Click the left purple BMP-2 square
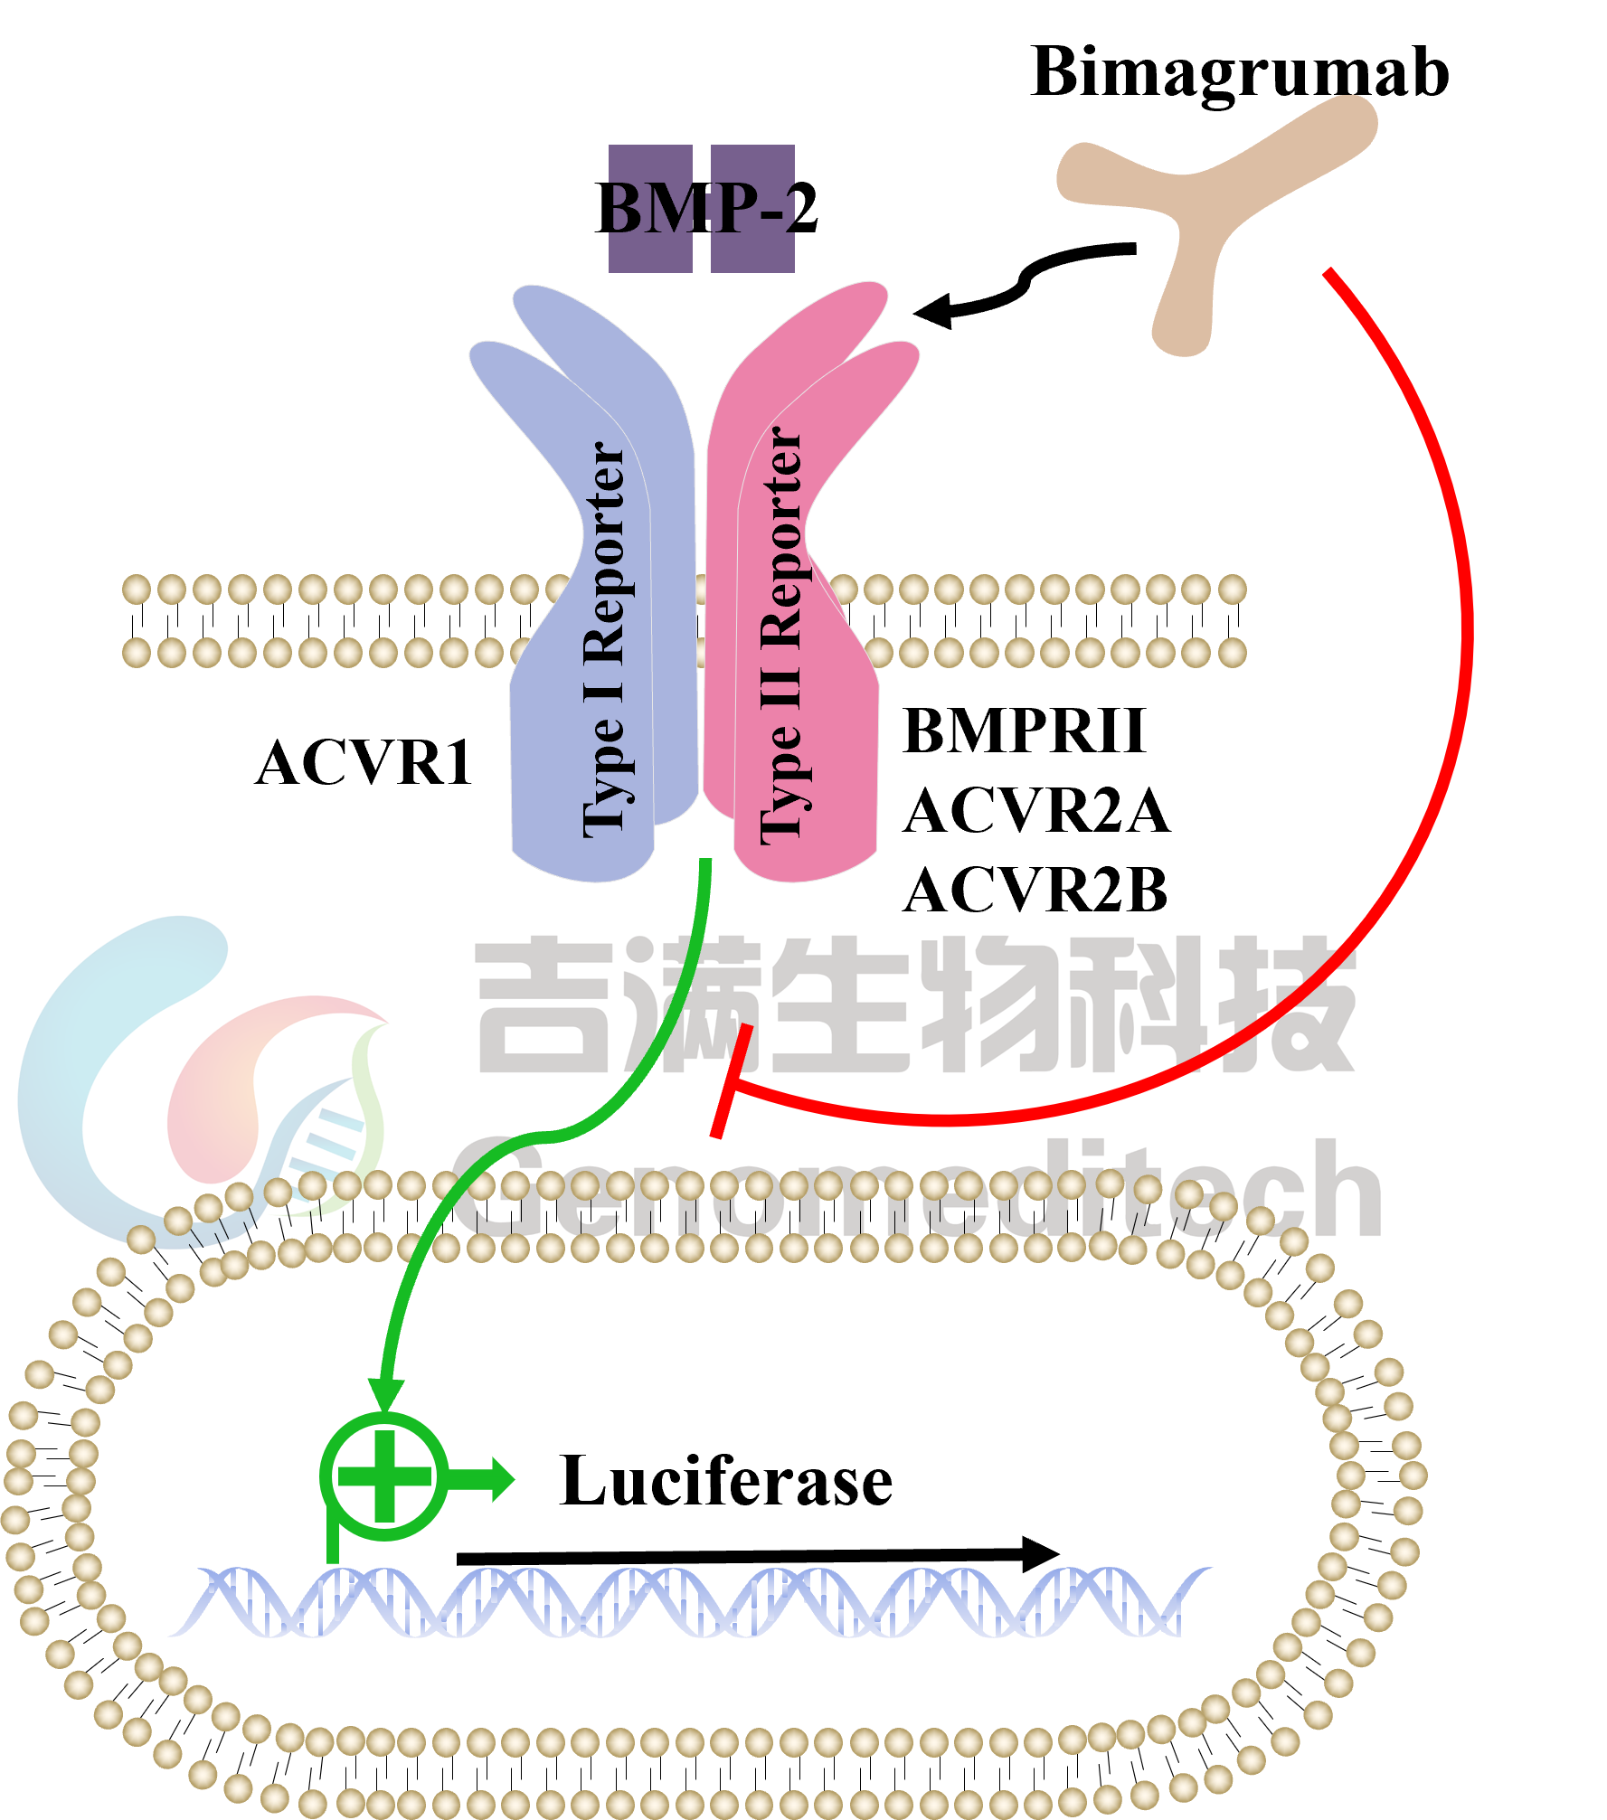point(650,209)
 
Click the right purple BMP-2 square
point(752,209)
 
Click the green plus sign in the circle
point(384,1476)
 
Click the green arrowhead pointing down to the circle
point(386,1393)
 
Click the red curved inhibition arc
point(1456,633)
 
